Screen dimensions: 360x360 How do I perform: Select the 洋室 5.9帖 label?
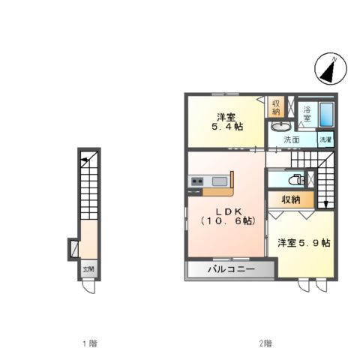point(304,243)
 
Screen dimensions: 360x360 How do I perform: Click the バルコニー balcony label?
point(230,269)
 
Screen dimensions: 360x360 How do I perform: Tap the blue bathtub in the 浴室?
point(326,114)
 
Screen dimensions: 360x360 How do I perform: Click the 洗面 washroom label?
point(292,139)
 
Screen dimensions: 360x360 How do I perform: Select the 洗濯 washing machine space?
point(325,139)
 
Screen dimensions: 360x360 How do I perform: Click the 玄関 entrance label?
point(88,268)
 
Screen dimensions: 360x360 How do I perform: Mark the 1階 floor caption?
point(89,344)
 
